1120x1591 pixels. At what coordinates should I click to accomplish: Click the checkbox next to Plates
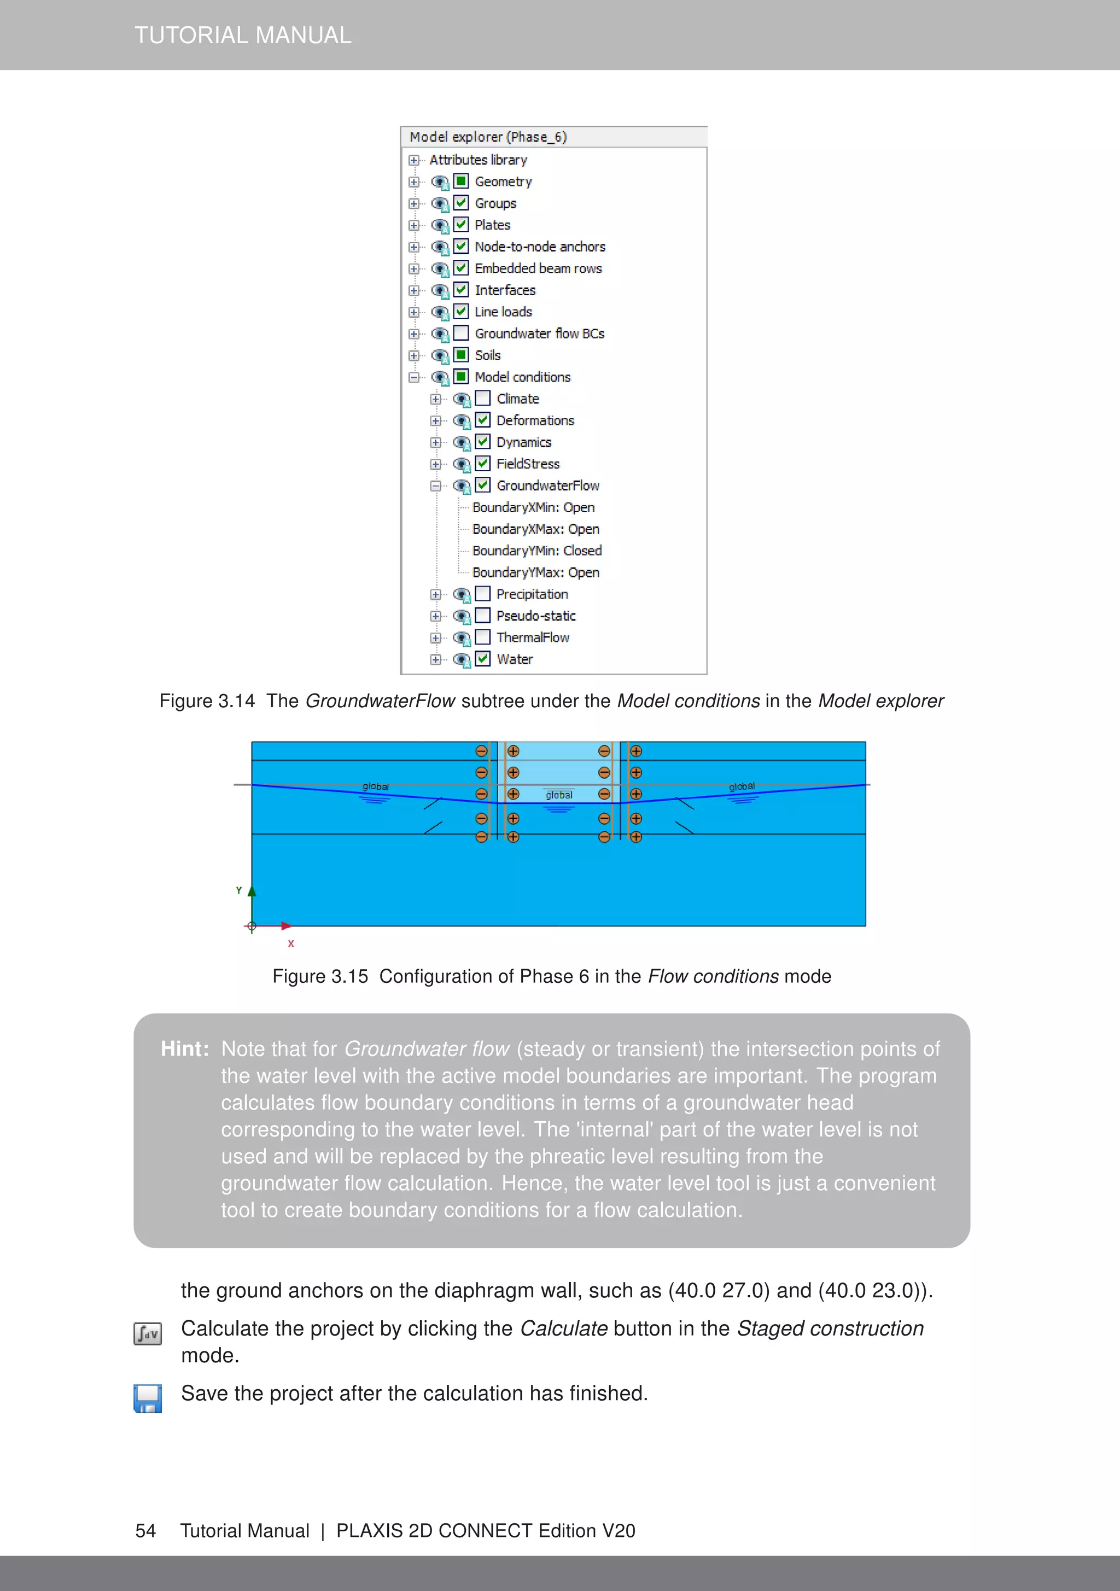click(x=461, y=225)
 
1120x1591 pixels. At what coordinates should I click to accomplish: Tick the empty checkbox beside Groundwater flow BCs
click(x=461, y=333)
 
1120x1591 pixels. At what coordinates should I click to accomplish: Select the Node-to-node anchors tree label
click(x=539, y=247)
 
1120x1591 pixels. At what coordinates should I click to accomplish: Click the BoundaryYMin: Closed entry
click(x=536, y=551)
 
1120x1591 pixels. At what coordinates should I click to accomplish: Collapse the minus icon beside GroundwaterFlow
click(x=435, y=486)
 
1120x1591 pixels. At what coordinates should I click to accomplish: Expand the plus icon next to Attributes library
click(x=414, y=160)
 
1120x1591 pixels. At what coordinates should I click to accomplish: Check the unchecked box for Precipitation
click(x=483, y=594)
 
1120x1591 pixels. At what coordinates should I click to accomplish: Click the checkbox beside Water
click(x=483, y=659)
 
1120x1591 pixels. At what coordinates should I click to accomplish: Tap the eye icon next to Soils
click(x=439, y=356)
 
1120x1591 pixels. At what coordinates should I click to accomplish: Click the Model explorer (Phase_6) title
click(x=488, y=137)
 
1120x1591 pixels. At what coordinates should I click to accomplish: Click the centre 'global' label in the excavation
click(x=558, y=795)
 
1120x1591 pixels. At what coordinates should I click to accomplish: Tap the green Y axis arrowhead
click(x=252, y=891)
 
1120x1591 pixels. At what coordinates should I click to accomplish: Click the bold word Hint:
click(x=184, y=1048)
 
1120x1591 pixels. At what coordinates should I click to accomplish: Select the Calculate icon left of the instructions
click(x=148, y=1333)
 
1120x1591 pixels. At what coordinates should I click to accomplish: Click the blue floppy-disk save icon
click(x=148, y=1398)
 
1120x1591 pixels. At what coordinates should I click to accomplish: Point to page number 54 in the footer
click(x=145, y=1531)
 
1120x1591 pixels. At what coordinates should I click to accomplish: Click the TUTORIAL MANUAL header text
click(x=243, y=36)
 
